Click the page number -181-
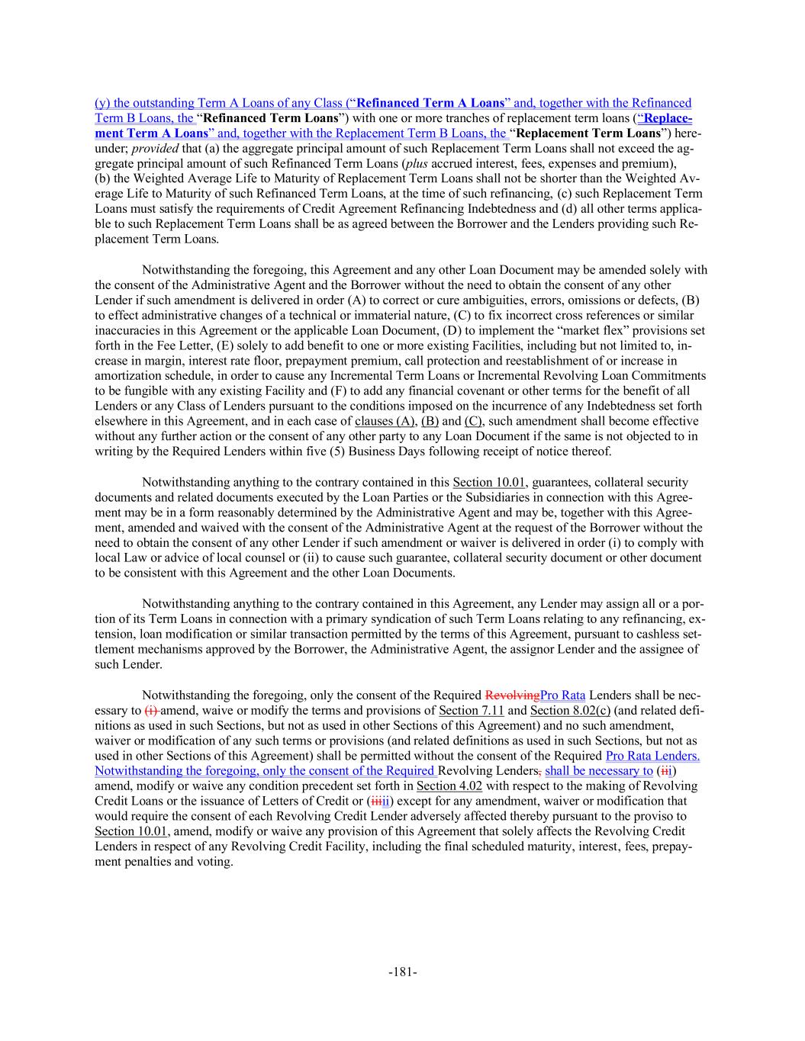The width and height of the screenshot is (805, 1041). tap(402, 972)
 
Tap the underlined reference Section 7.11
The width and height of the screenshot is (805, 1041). tap(471, 710)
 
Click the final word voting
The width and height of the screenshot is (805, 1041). tap(216, 861)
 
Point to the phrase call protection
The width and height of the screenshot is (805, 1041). tap(457, 361)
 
